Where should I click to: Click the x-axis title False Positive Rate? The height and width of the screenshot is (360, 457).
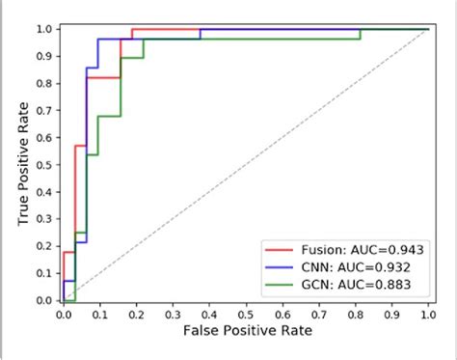246,330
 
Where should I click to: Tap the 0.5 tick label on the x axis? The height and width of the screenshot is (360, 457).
246,314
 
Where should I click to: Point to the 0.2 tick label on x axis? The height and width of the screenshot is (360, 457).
137,314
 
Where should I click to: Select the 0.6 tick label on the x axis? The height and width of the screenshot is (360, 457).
282,314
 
